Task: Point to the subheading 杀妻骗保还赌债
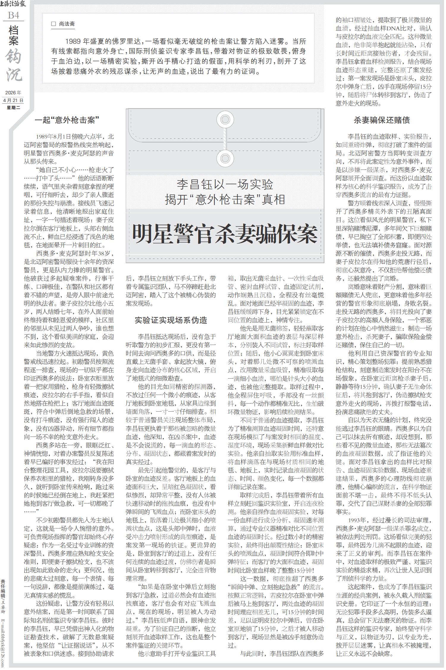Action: (383, 120)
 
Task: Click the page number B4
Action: (13, 15)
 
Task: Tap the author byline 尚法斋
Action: (67, 24)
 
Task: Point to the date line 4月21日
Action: (13, 101)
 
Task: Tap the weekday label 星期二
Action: (13, 107)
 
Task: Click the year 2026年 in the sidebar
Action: (13, 93)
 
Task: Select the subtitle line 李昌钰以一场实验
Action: (225, 185)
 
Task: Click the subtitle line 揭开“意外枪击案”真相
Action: (225, 200)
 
